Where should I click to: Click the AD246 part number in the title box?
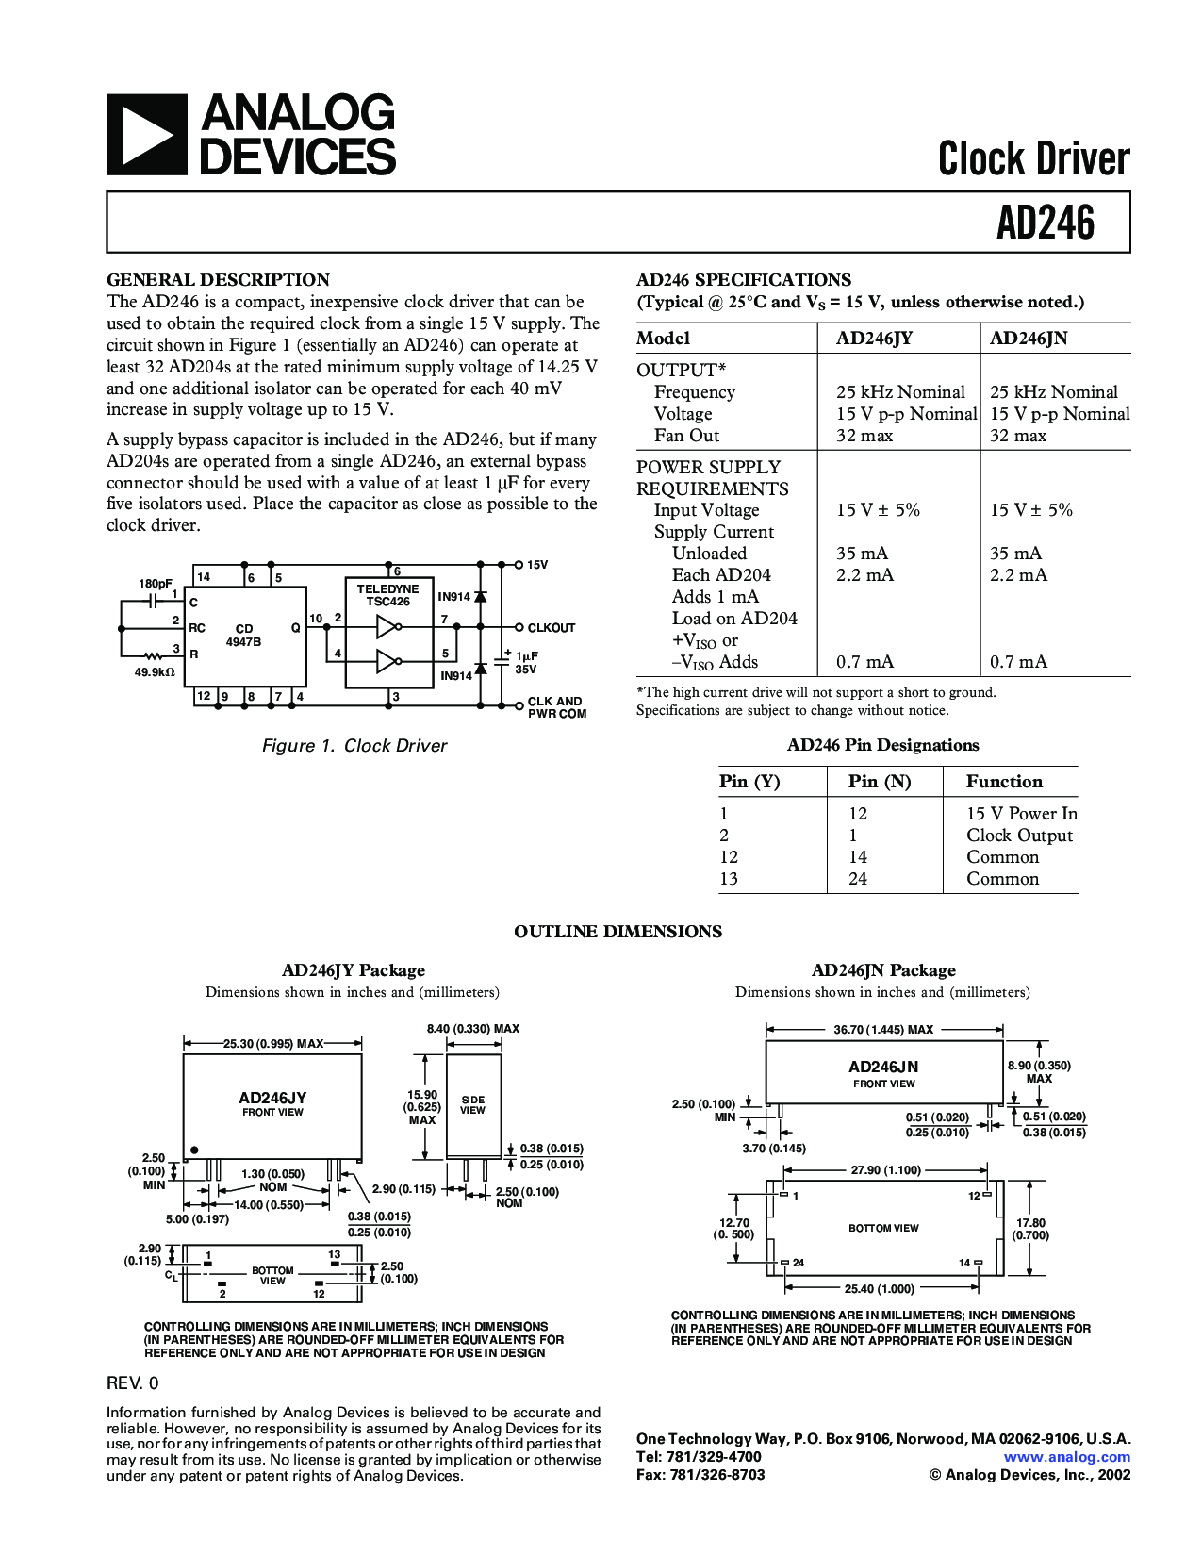[1046, 223]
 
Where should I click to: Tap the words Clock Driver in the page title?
[1033, 158]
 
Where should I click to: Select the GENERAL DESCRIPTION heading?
[218, 280]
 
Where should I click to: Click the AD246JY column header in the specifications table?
[874, 339]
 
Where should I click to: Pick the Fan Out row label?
[686, 436]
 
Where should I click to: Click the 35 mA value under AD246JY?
[862, 554]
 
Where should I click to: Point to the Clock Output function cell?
[1019, 836]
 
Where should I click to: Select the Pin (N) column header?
[880, 782]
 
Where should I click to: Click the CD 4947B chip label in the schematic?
[243, 635]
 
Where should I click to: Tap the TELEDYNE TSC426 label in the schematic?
[387, 595]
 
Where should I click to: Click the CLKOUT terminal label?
[551, 628]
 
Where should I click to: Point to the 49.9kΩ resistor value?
[155, 672]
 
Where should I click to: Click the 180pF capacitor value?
[156, 584]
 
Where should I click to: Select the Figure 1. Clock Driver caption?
[354, 746]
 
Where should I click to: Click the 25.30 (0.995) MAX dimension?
[272, 1044]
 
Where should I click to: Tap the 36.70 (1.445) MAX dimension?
[883, 1030]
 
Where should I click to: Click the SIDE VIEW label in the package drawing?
[472, 1105]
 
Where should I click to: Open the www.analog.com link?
[1066, 1456]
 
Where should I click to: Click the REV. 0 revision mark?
[133, 1383]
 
